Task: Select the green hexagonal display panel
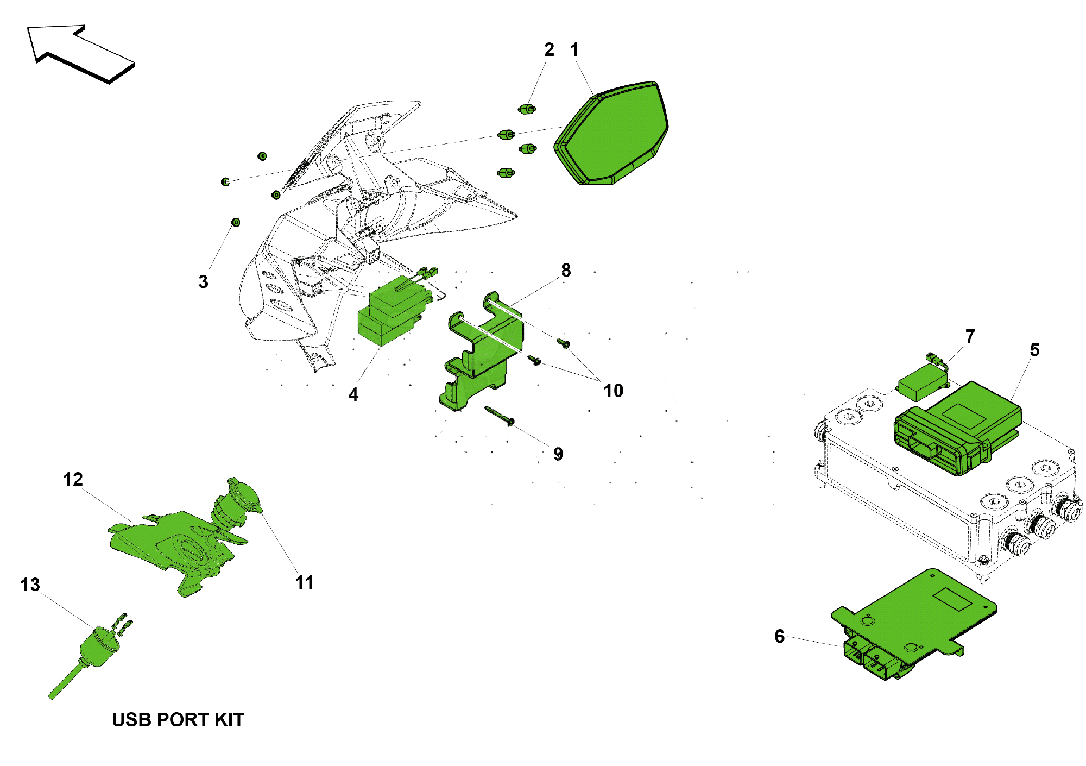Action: pos(611,134)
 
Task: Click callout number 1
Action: pos(574,50)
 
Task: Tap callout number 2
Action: pos(549,50)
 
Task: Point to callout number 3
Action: pos(203,282)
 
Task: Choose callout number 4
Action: pos(353,395)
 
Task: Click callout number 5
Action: pos(1034,350)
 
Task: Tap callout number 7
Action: pos(970,336)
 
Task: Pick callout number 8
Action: pos(566,270)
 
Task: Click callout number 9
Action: pos(558,454)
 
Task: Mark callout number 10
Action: pos(614,391)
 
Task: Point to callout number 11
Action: pos(305,583)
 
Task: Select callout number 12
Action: pos(73,480)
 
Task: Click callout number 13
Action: pos(30,585)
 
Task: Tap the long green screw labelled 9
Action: pos(499,416)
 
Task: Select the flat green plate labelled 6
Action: pos(914,624)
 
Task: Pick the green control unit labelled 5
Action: pos(958,428)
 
